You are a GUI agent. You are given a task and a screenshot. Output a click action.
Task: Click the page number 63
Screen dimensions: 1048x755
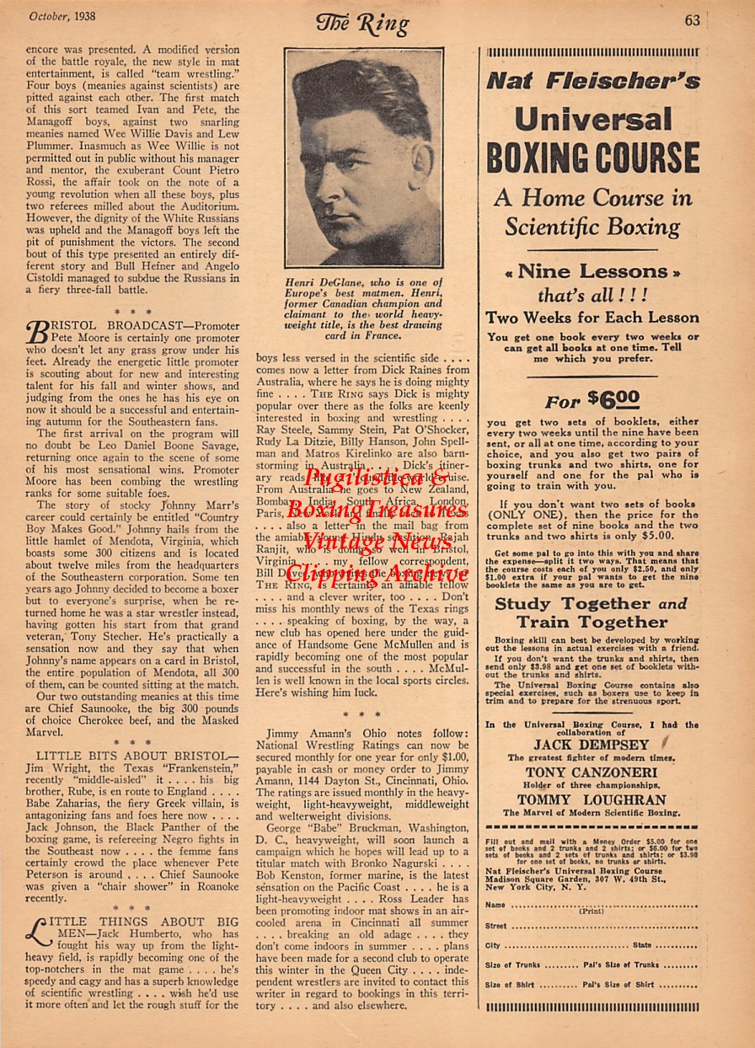tap(692, 20)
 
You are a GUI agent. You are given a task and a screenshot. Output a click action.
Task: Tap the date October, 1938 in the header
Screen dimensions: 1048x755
tap(62, 16)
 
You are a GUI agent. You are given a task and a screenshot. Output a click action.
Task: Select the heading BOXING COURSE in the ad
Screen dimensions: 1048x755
tap(592, 159)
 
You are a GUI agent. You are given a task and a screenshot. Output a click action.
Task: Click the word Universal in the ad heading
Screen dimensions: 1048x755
tap(593, 119)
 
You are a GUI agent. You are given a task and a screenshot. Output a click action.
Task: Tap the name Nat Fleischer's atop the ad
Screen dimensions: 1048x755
tap(592, 81)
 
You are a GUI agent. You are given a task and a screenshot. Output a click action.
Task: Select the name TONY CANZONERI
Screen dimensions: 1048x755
tap(592, 773)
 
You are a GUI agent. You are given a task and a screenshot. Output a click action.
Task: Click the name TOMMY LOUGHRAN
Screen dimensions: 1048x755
tap(592, 800)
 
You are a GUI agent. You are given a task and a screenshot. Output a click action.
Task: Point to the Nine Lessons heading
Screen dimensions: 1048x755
tap(592, 272)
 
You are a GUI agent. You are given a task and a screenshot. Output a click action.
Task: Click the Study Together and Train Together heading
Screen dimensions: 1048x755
tap(592, 613)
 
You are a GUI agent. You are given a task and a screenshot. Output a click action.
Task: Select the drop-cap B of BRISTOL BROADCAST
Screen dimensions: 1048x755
tap(39, 333)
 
